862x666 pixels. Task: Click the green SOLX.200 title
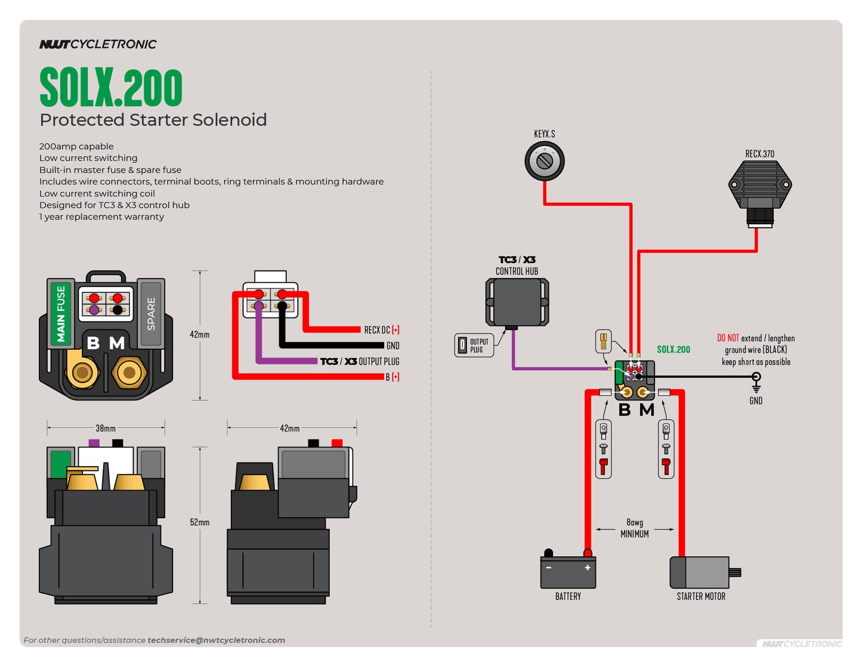click(x=111, y=87)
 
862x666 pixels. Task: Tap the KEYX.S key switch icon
click(x=544, y=161)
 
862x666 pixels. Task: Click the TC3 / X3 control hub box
click(x=517, y=302)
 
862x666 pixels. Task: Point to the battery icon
click(x=568, y=572)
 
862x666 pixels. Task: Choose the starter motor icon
click(x=702, y=572)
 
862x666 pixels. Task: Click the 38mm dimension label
click(x=106, y=428)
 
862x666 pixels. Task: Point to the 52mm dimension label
click(x=200, y=522)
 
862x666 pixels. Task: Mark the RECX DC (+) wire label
click(x=382, y=330)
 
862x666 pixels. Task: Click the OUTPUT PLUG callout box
click(x=474, y=345)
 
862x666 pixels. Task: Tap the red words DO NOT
click(x=728, y=338)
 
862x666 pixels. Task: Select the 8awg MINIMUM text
click(x=635, y=528)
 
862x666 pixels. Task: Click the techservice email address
click(x=216, y=640)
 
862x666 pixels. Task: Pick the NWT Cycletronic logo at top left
click(x=98, y=44)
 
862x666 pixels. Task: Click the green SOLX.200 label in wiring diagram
click(x=673, y=349)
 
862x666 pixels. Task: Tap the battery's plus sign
click(x=588, y=568)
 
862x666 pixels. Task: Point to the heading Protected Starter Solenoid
click(x=153, y=120)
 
